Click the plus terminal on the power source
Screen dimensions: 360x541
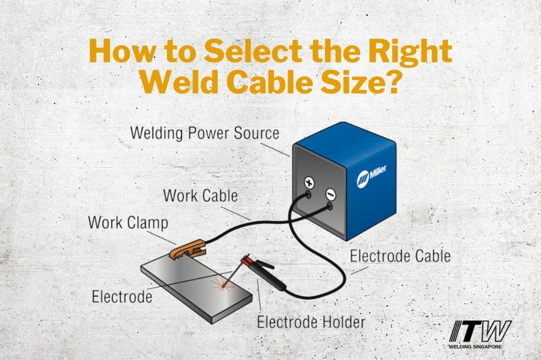tap(308, 183)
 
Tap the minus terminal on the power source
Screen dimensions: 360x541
tap(329, 194)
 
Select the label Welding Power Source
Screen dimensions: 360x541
tap(204, 132)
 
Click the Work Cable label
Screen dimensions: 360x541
tap(200, 195)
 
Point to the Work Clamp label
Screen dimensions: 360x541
tap(128, 222)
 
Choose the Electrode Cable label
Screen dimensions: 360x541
tap(400, 257)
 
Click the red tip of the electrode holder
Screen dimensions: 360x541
tap(245, 260)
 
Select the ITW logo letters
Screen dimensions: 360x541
tap(480, 331)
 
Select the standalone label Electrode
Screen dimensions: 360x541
tap(122, 296)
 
